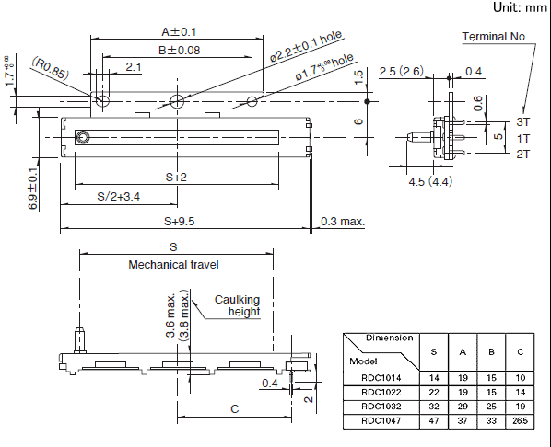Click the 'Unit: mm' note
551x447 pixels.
click(x=520, y=7)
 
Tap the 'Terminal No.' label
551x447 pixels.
click(x=495, y=37)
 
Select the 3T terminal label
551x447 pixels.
click(x=522, y=121)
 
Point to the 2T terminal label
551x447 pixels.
click(x=522, y=154)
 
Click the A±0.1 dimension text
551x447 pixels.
click(x=179, y=32)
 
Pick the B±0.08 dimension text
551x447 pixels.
click(x=179, y=51)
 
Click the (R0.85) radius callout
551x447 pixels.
click(x=51, y=68)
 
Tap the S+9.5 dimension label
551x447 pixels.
click(x=180, y=222)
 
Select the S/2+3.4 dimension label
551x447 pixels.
click(x=119, y=197)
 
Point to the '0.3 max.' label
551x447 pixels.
click(x=343, y=222)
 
